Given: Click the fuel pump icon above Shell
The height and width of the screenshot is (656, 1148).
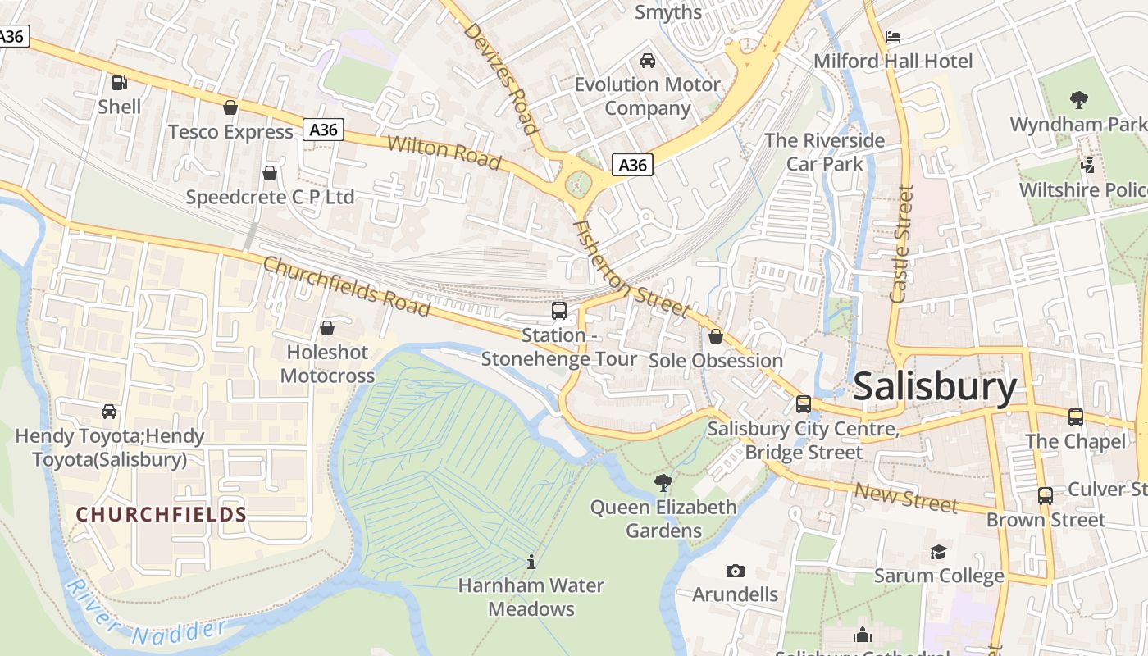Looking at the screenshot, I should [x=119, y=82].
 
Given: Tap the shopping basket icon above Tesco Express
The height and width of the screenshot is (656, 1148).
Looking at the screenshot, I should [x=230, y=107].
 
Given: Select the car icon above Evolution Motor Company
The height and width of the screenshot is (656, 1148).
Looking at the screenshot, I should [x=647, y=61].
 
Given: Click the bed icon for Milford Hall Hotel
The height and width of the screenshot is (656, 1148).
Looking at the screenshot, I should [x=893, y=37].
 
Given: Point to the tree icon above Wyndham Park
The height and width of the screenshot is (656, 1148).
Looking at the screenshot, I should [x=1078, y=100].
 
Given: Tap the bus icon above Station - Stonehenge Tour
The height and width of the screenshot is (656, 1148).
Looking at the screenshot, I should [x=558, y=311].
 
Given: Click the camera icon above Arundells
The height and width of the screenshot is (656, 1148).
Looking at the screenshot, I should [x=736, y=570].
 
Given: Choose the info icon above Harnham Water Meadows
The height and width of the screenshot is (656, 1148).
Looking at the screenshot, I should [x=531, y=562].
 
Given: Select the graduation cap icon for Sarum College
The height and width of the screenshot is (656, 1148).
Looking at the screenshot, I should [x=938, y=552].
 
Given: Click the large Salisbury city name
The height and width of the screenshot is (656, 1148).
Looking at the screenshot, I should [x=935, y=386].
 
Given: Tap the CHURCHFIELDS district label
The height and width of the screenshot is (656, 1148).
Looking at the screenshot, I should [x=161, y=514].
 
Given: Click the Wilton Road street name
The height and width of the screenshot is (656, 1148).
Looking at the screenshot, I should [x=444, y=153].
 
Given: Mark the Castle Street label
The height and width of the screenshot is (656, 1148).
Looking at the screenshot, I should [x=902, y=244].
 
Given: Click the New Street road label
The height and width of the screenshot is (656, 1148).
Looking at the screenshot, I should [x=906, y=497].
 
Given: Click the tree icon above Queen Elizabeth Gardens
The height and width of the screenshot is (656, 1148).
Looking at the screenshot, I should [x=663, y=483].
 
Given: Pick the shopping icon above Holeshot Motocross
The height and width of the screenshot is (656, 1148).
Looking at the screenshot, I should [x=327, y=328].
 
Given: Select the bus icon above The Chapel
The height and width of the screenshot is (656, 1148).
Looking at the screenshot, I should [x=1075, y=417].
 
